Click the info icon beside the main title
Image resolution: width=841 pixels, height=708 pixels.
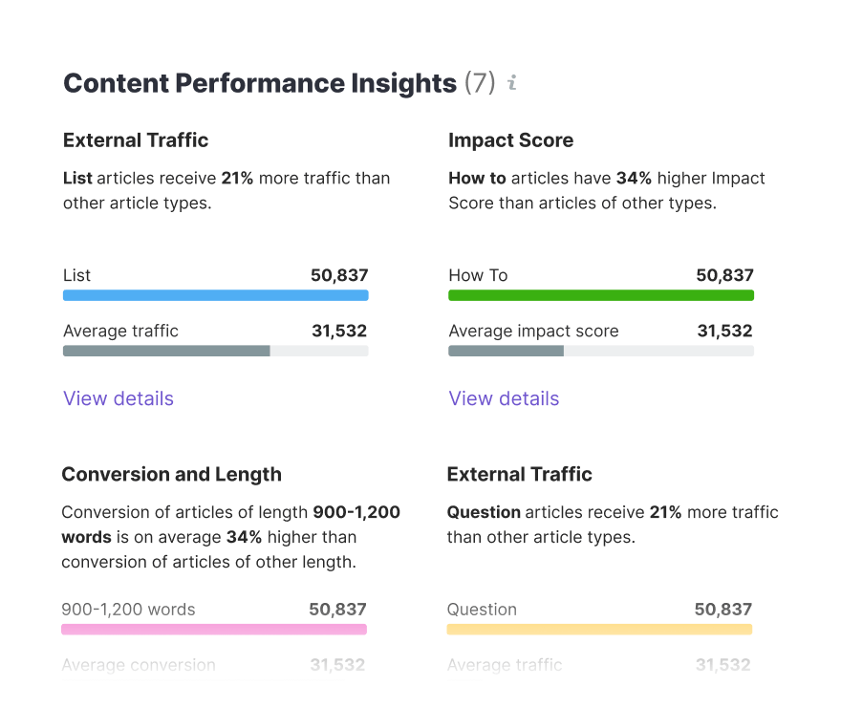coord(512,83)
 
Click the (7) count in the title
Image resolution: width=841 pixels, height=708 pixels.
coord(479,83)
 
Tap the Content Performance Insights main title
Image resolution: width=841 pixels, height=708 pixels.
coord(259,83)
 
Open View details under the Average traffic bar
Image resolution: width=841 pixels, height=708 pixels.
coord(119,398)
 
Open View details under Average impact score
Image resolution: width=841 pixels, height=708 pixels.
coord(504,398)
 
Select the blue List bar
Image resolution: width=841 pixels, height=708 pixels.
coord(215,295)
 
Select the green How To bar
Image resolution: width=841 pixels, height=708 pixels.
coord(600,295)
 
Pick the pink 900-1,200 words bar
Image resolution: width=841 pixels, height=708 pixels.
coord(214,630)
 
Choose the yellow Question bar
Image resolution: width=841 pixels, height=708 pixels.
coord(599,630)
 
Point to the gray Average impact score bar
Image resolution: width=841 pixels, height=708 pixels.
coord(506,351)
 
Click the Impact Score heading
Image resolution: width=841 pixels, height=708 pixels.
coord(510,140)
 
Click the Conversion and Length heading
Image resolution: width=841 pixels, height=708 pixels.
coord(171,475)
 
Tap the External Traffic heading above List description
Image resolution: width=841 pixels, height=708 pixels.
coord(136,140)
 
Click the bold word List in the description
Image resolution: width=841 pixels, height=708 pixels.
coord(77,178)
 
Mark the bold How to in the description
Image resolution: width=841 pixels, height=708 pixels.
coord(477,178)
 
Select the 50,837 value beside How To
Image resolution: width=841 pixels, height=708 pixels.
coord(724,275)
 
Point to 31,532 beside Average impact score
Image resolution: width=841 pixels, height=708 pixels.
coord(724,331)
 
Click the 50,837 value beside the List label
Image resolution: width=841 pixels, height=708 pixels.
coord(339,275)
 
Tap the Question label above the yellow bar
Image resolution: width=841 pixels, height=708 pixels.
coord(482,610)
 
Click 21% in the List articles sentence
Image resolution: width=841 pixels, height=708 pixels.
coord(237,178)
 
